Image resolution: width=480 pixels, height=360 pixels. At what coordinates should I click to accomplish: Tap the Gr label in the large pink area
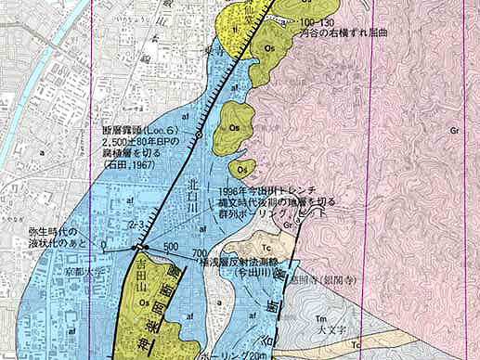[x=454, y=131]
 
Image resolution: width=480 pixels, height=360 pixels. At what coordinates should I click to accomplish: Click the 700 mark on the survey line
[x=200, y=253]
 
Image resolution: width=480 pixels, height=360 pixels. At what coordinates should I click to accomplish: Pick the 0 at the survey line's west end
[x=104, y=246]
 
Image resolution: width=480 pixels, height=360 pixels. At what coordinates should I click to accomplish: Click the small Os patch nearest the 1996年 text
[x=241, y=169]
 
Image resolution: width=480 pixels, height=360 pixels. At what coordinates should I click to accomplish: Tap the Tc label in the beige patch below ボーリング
[x=264, y=248]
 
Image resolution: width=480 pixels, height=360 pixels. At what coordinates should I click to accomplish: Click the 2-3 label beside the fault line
[x=136, y=226]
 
